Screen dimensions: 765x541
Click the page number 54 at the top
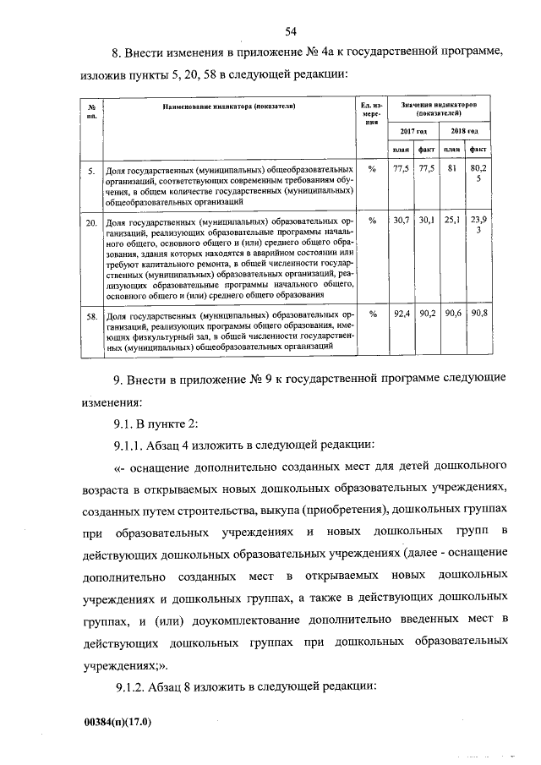coord(291,33)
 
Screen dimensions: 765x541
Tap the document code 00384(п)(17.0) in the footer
coord(120,724)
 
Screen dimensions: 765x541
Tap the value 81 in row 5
coord(452,169)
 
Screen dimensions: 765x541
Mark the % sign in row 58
coord(372,315)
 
